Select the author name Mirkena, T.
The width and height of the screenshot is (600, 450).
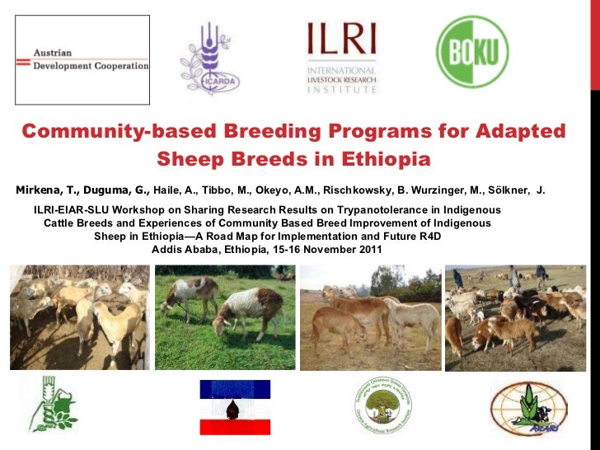point(45,190)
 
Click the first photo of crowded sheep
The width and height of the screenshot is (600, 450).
point(79,317)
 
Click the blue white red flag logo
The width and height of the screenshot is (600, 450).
point(235,407)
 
